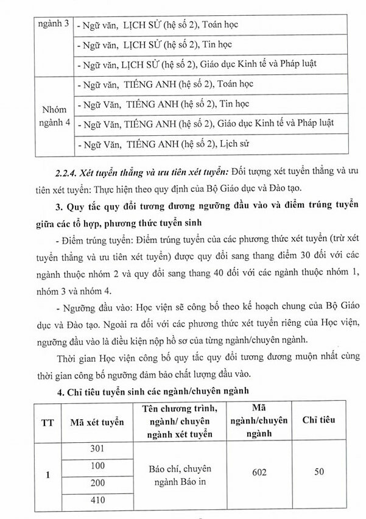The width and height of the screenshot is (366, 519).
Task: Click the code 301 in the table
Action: [97, 449]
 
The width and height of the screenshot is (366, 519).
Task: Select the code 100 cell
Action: [97, 466]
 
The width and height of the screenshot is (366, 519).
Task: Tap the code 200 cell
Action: [97, 483]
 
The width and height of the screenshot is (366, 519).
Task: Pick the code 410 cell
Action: [97, 501]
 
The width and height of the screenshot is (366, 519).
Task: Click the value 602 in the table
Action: [261, 471]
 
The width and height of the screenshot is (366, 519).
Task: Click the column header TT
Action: [46, 420]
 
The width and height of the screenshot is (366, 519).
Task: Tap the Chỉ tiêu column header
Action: [317, 420]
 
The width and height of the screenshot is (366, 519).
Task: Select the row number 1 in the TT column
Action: [46, 475]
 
